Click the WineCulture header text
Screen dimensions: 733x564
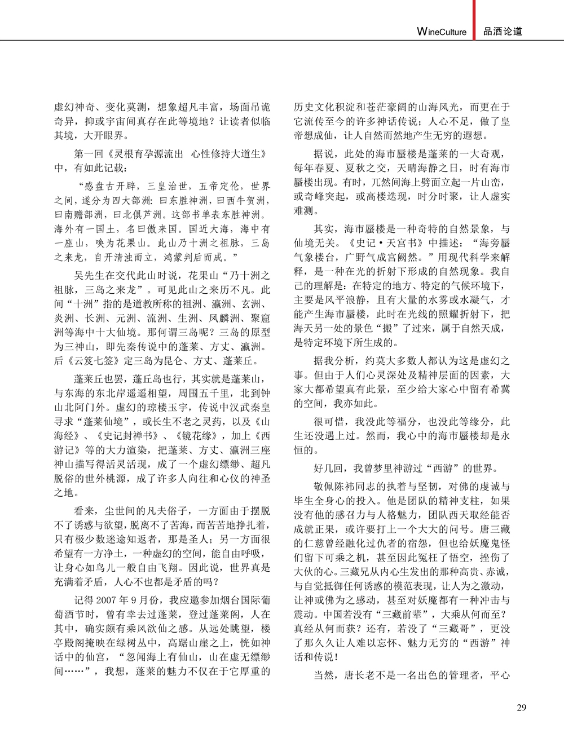click(x=442, y=32)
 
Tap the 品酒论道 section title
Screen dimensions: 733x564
click(x=503, y=32)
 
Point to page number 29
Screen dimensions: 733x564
click(x=521, y=707)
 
